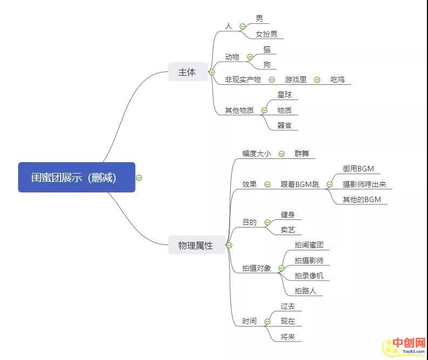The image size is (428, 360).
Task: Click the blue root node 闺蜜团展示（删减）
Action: (76, 177)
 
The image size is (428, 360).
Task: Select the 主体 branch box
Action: (187, 72)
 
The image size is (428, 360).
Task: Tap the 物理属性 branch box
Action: (195, 245)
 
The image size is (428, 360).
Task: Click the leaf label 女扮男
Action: (266, 35)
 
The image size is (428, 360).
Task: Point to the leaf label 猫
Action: (267, 50)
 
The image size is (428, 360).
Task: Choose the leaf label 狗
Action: (267, 65)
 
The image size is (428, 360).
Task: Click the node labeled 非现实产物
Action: (243, 79)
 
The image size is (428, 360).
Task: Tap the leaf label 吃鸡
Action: (337, 79)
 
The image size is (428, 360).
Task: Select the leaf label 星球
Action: (284, 95)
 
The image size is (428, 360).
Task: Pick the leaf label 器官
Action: (284, 125)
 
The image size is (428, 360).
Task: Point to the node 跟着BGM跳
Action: (300, 184)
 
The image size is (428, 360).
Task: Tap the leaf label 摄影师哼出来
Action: (364, 184)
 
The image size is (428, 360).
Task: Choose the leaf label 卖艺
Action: (287, 230)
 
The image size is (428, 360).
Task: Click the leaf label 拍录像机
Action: (309, 276)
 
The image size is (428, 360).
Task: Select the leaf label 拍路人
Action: (305, 291)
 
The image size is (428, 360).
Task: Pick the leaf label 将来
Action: (287, 337)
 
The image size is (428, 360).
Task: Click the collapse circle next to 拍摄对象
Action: (281, 268)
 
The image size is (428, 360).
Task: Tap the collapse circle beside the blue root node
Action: (139, 177)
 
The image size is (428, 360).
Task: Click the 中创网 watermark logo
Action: (404, 344)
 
